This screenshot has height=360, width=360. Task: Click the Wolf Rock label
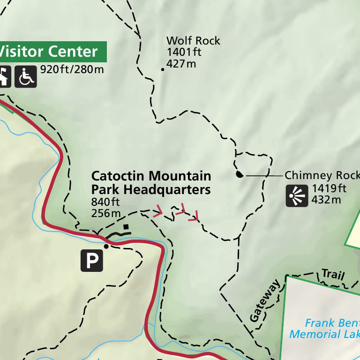[x=193, y=41]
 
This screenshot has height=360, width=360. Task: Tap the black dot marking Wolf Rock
[x=163, y=69]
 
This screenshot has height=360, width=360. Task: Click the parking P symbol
[x=91, y=261]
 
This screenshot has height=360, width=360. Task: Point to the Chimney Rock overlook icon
[x=297, y=195]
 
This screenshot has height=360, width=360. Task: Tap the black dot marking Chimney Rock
[x=239, y=175]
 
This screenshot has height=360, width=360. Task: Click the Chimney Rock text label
[x=322, y=175]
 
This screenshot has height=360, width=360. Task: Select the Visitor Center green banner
[x=52, y=52]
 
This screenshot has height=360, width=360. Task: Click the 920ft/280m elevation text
[x=72, y=70]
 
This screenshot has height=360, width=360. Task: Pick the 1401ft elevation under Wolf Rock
[x=184, y=52]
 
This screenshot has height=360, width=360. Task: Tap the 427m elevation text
[x=181, y=63]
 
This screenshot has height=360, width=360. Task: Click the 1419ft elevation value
[x=329, y=189]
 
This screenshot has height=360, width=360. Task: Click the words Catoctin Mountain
[x=151, y=176]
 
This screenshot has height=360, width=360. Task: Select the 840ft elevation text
[x=106, y=202]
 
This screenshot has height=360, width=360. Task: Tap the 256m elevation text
[x=106, y=213]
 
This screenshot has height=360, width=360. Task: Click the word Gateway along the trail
[x=265, y=300]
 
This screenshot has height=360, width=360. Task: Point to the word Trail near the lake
[x=333, y=275]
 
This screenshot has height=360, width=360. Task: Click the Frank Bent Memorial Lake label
[x=324, y=329]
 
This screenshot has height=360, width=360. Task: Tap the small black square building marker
[x=126, y=227]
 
